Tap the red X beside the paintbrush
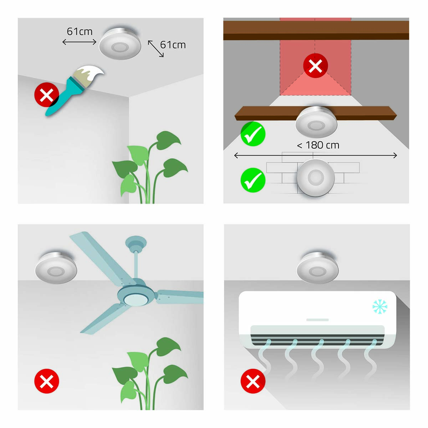pos(46,95)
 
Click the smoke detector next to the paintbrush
pos(120,44)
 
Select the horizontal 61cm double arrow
pos(79,42)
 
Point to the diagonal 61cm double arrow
pos(156,49)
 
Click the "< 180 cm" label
pos(318,145)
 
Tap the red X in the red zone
pos(315,66)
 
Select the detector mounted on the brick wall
pos(316,178)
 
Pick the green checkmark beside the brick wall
pos(253,180)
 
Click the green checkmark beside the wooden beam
pos(253,134)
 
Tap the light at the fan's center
pos(136,299)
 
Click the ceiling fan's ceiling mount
pos(136,243)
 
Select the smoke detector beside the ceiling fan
pos(56,268)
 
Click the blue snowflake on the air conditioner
pos(380,307)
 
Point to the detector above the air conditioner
pos(318,268)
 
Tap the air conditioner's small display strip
pos(317,320)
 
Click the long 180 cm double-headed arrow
pos(316,156)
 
